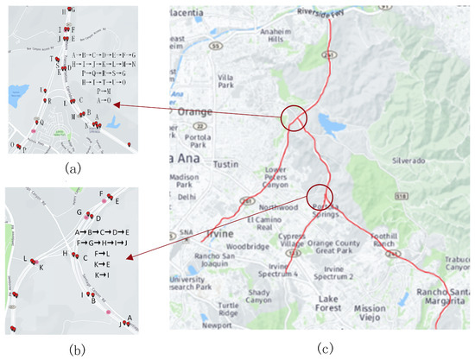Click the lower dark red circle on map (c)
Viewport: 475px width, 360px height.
(x=320, y=196)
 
